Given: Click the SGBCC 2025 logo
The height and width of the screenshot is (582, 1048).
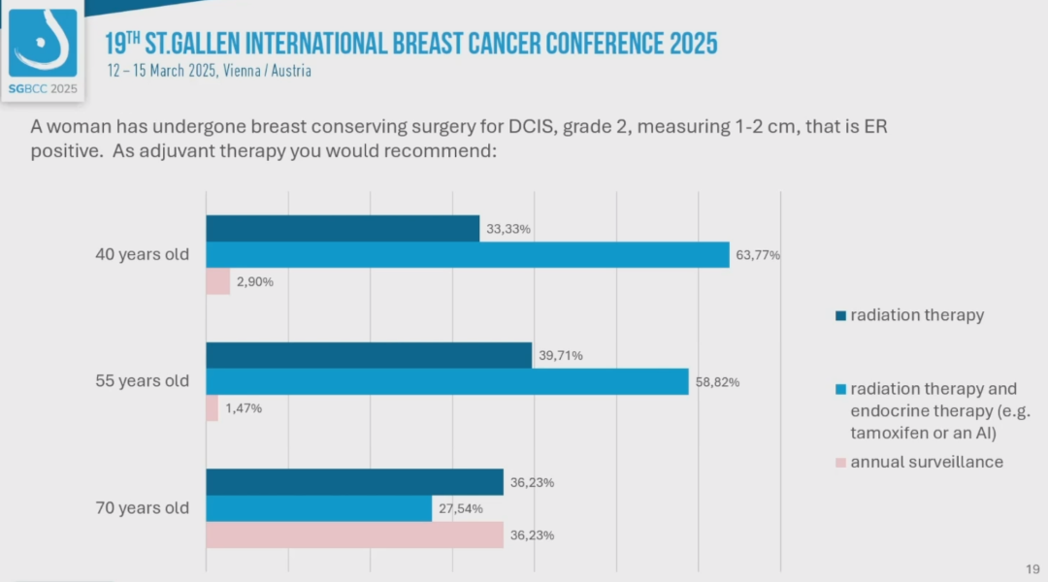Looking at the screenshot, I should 43,48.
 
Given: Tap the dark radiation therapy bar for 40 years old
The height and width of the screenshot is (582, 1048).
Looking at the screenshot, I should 343,229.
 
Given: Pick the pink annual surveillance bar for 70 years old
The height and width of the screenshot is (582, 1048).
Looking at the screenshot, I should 354,534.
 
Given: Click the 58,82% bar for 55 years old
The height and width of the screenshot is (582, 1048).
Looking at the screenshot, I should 447,381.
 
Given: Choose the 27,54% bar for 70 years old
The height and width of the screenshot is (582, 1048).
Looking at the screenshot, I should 318,508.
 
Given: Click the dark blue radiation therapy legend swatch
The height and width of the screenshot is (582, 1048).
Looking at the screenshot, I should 840,315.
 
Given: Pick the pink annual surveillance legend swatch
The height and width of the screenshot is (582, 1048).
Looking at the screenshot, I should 840,463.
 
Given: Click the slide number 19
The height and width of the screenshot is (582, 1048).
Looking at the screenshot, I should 1032,568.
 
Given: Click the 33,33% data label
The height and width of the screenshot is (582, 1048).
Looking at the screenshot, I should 508,229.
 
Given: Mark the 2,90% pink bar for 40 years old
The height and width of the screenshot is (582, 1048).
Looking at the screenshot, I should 218,281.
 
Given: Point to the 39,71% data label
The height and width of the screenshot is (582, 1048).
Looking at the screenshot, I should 560,356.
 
